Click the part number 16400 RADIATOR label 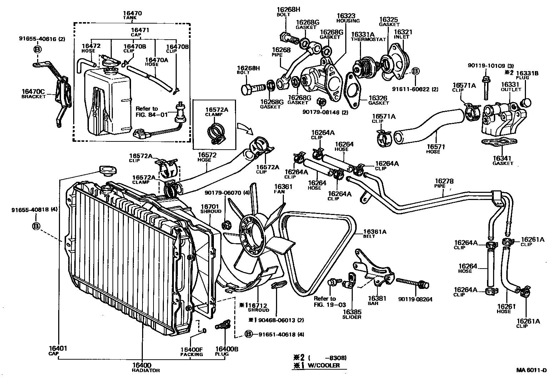pos(142,367)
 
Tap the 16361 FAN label pos(283,189)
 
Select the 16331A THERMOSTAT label pos(363,36)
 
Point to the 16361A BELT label pos(375,234)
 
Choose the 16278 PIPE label pos(444,184)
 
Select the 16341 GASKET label pos(503,161)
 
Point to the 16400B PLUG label pos(227,351)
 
